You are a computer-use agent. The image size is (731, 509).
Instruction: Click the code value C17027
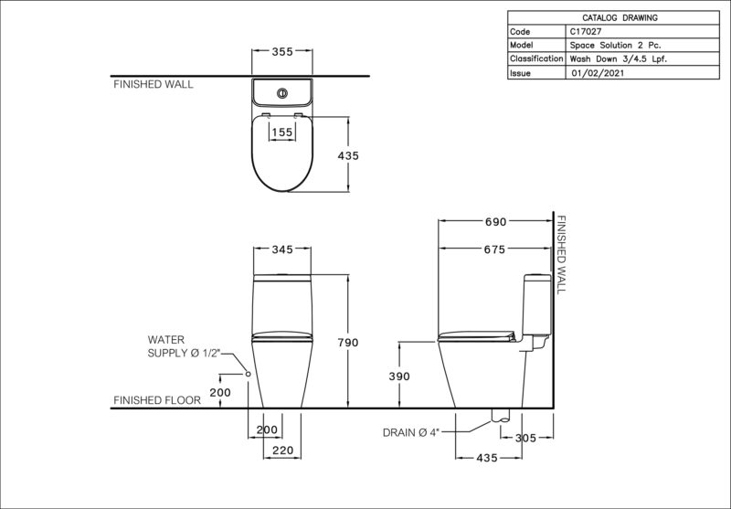tap(586, 32)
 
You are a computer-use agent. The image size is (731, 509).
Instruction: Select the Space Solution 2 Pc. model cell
tap(615, 45)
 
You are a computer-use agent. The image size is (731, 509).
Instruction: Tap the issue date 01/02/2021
tap(598, 73)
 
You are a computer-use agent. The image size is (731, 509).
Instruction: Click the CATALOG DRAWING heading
tap(620, 17)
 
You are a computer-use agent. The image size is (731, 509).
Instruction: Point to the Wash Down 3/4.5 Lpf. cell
tap(619, 59)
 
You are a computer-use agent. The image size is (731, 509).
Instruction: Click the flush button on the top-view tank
tap(282, 93)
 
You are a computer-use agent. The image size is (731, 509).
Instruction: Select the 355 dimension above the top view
tap(282, 51)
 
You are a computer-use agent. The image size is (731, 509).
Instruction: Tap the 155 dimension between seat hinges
tap(282, 133)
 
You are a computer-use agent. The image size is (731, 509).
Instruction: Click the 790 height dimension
tap(348, 343)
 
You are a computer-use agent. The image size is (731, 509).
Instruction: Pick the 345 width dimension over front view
tap(282, 249)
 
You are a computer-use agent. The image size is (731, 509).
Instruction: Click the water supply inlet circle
tap(248, 374)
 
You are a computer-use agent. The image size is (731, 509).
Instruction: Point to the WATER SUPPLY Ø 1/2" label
tap(185, 346)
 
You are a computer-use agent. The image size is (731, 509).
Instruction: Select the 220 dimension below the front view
tap(283, 451)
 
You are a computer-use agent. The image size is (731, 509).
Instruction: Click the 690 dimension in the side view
tap(495, 222)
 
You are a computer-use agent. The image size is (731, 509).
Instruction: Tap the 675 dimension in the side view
tap(494, 249)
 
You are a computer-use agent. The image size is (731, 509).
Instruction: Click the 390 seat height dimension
tap(399, 376)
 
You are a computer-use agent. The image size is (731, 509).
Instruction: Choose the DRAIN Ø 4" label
tap(411, 432)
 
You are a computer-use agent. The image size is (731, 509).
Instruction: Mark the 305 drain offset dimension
tap(526, 438)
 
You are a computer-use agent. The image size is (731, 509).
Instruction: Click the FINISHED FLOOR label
tap(157, 400)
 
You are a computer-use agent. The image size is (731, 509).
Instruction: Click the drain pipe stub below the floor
tap(501, 416)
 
